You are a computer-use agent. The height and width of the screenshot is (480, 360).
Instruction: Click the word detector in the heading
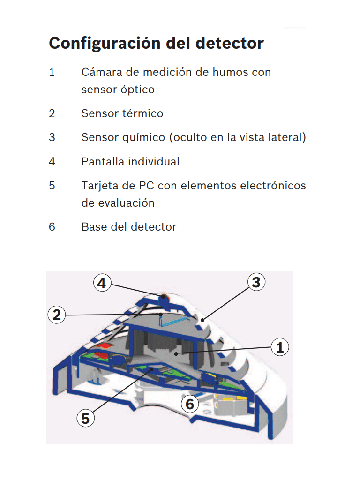pyautogui.click(x=229, y=44)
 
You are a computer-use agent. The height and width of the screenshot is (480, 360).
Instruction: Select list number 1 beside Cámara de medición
pyautogui.click(x=52, y=72)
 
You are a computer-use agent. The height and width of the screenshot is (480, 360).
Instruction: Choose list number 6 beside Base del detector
pyautogui.click(x=52, y=227)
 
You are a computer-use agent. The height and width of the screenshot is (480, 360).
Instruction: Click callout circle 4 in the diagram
pyautogui.click(x=103, y=283)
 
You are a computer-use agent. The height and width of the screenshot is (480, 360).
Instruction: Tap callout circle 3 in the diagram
pyautogui.click(x=256, y=282)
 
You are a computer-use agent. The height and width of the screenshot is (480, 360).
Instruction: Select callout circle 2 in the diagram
pyautogui.click(x=57, y=315)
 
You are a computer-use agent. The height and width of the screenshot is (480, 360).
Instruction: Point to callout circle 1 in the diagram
pyautogui.click(x=280, y=347)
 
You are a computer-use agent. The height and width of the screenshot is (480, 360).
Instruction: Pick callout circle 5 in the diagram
pyautogui.click(x=85, y=418)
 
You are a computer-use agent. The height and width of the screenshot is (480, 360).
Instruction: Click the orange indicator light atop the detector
pyautogui.click(x=164, y=297)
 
